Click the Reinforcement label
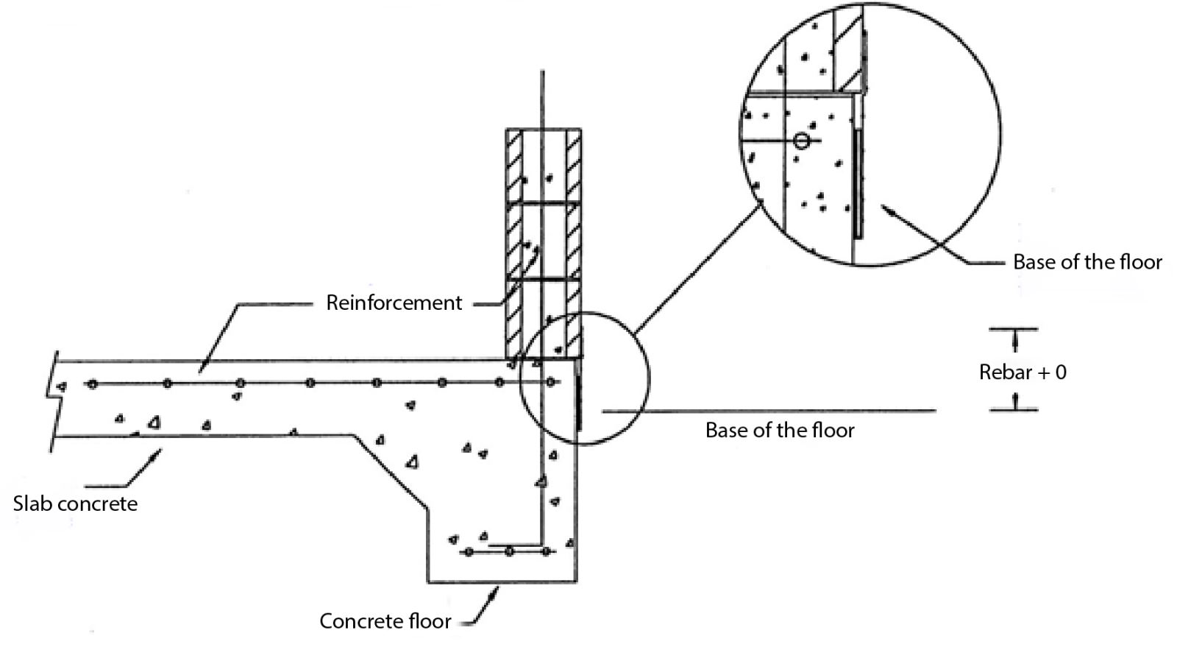point(394,303)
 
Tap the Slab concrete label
point(75,504)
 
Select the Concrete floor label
point(385,621)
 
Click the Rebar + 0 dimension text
point(1023,372)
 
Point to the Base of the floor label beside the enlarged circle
point(1087,262)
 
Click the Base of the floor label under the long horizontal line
point(780,431)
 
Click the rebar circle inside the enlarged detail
point(802,140)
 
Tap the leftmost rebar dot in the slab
point(92,383)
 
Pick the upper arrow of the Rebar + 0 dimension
point(1015,339)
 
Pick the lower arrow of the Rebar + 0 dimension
point(1015,399)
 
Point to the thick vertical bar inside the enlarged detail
point(858,184)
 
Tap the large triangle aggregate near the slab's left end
point(154,422)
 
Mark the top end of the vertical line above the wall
point(543,71)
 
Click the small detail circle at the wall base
point(585,378)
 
